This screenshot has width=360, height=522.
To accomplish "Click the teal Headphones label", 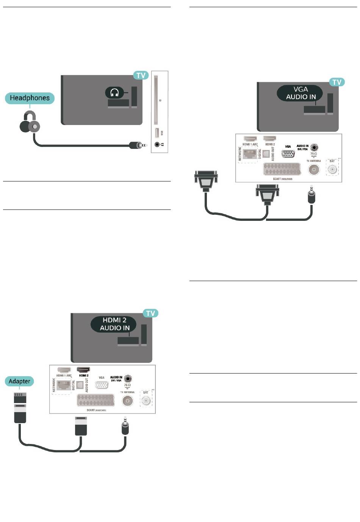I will pos(30,98).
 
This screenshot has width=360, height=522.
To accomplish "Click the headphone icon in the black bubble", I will pos(114,93).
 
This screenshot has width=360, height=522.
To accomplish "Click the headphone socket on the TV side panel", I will pos(157,145).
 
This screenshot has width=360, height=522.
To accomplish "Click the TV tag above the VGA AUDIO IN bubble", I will pos(337,82).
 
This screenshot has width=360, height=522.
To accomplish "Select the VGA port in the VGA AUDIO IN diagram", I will pos(288,154).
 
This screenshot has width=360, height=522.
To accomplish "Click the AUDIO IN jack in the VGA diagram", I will pos(313,147).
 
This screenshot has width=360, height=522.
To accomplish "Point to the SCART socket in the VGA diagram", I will pos(282,169).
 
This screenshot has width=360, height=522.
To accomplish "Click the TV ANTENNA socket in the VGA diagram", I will pos(313,170).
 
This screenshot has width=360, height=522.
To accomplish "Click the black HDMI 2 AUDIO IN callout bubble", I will pos(114,324).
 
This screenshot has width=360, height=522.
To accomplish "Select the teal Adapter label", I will pos(19,381).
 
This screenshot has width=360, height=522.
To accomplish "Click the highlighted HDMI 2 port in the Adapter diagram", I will pos(83,369).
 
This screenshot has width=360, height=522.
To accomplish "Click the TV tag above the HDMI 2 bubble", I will pos(150,313).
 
